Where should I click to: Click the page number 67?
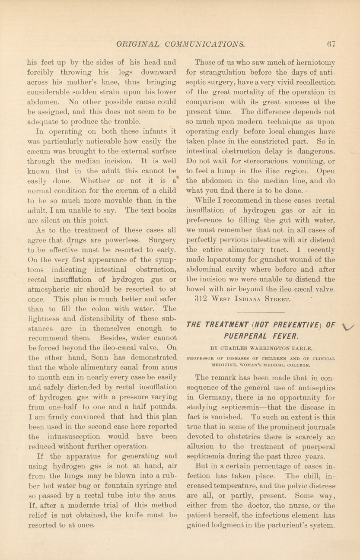(331, 44)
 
